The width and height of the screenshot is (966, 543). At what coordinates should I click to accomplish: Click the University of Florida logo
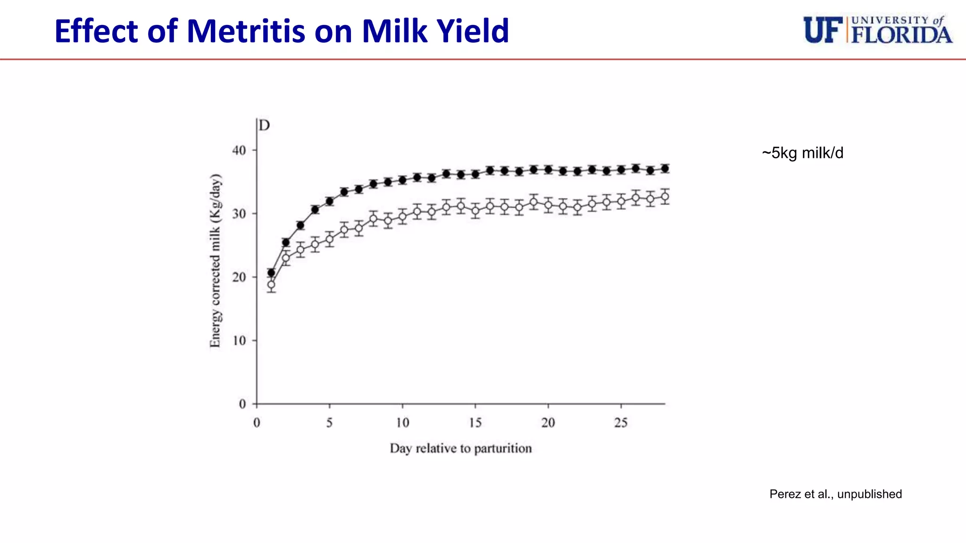coord(877,30)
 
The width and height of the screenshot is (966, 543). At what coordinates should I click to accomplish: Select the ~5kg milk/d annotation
coord(802,153)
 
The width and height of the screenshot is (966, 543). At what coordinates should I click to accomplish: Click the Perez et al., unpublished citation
coord(835,494)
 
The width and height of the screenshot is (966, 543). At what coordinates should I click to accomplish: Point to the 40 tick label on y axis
coord(239,150)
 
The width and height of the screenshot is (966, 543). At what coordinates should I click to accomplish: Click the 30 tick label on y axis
coord(239,214)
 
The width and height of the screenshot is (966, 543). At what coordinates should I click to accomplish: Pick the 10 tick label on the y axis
coord(239,341)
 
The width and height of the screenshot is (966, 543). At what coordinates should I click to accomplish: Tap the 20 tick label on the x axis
coord(548,423)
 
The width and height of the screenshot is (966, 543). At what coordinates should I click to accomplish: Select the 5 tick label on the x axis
coord(329,423)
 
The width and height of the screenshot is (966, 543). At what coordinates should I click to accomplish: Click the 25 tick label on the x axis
coord(621,423)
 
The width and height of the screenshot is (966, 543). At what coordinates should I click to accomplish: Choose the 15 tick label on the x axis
coord(475,423)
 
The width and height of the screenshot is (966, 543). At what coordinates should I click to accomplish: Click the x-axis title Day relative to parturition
coord(460,448)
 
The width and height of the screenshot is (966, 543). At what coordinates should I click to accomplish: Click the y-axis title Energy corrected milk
coord(215,261)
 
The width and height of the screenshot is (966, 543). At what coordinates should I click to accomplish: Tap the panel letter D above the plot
coord(265,125)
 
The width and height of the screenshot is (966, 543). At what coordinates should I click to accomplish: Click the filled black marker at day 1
coord(271,272)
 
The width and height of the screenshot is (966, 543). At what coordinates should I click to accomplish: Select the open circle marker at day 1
coord(271,285)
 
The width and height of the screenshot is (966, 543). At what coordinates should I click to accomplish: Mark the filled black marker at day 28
coord(665,168)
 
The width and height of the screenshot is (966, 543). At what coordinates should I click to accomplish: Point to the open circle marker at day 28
coord(665,197)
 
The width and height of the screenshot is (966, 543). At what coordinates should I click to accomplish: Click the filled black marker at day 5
coord(330,201)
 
